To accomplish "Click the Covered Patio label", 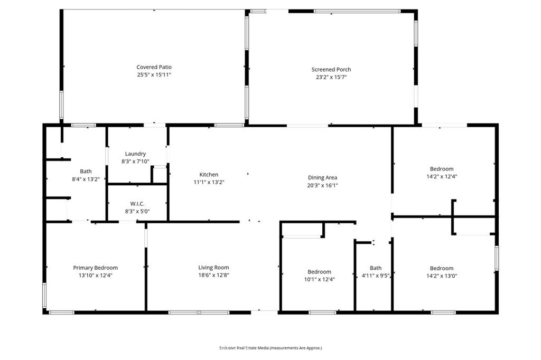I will (x=154, y=67).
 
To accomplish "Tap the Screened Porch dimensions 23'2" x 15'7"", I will (x=331, y=77).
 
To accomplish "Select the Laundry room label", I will (x=135, y=154).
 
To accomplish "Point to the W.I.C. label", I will (x=137, y=203).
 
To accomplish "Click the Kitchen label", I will (x=209, y=174).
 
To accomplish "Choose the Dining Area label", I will (x=322, y=177).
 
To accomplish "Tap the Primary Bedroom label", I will (x=95, y=268).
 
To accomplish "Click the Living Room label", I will (x=213, y=267).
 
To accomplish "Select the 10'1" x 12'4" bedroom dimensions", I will (x=319, y=279).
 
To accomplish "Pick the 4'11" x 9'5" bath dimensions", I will (x=375, y=275).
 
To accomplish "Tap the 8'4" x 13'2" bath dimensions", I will (x=86, y=179).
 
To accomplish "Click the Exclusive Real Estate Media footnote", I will (x=270, y=348).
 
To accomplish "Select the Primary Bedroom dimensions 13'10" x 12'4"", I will (x=95, y=275).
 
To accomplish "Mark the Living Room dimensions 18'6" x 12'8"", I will (x=213, y=274).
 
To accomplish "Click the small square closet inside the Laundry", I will (x=159, y=175).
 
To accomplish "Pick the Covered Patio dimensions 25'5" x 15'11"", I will (x=154, y=74).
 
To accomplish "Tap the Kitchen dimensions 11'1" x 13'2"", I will (x=209, y=182).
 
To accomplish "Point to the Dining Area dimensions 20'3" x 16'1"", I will (x=322, y=185).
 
